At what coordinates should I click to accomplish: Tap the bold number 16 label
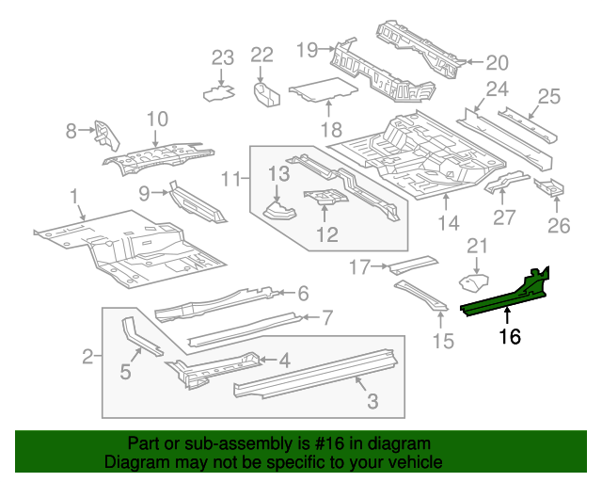508,334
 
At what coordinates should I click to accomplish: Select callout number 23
221,58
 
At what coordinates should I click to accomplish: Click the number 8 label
71,132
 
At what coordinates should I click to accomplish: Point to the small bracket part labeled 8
104,137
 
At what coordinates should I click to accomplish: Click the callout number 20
496,63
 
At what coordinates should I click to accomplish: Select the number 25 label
548,96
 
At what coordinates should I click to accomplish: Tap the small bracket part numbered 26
549,186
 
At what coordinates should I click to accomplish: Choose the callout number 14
449,223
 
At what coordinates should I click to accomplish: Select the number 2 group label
87,357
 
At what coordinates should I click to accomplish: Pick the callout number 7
326,317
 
